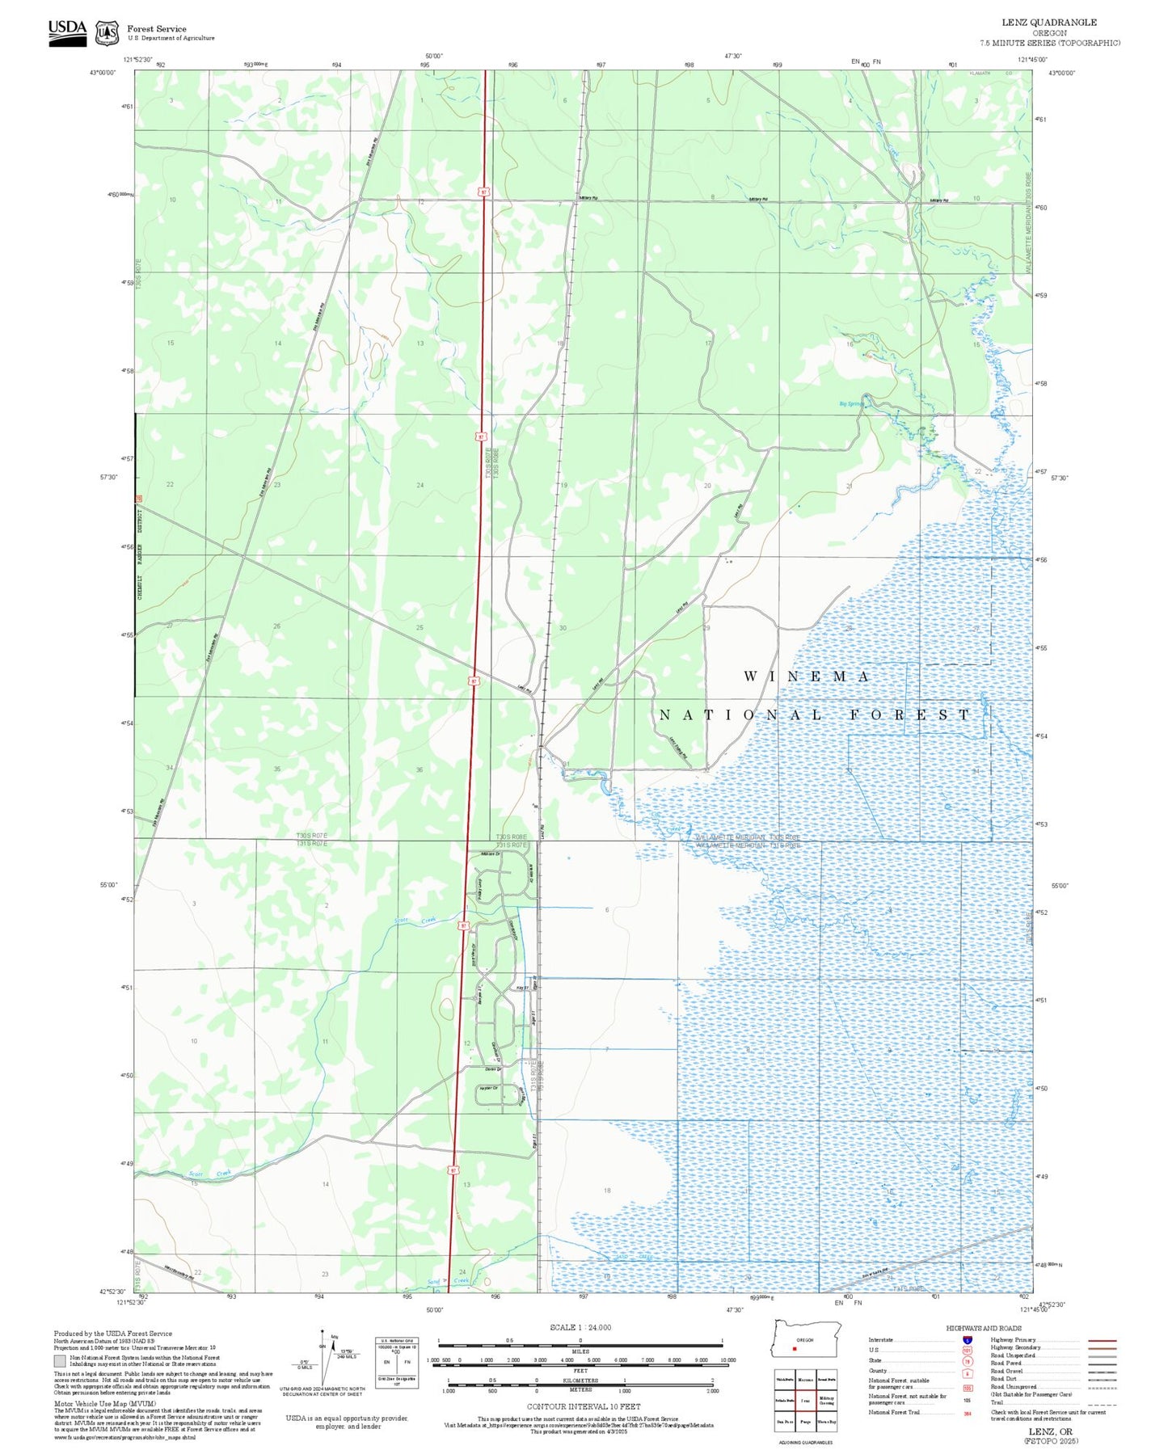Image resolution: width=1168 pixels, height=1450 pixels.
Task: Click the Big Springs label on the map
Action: pos(851,403)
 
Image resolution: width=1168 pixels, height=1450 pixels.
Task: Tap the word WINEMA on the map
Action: pos(806,676)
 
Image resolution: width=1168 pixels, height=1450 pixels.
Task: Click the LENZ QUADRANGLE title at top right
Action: pos(1049,22)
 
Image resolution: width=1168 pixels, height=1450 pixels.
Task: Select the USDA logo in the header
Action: pos(67,32)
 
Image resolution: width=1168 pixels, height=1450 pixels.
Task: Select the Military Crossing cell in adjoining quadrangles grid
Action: pos(826,1400)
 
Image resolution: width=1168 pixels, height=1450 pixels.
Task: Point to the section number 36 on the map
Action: pos(419,769)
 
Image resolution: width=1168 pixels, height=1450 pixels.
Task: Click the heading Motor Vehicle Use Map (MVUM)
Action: pos(93,1403)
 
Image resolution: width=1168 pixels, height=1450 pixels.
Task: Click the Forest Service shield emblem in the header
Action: pos(107,32)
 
